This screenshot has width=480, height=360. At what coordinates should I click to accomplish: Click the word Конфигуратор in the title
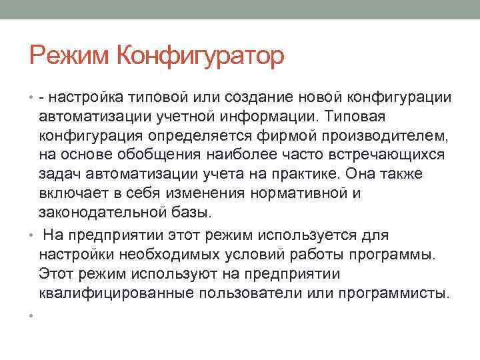[200, 56]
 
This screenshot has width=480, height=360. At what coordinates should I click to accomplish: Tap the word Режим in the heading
[71, 55]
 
